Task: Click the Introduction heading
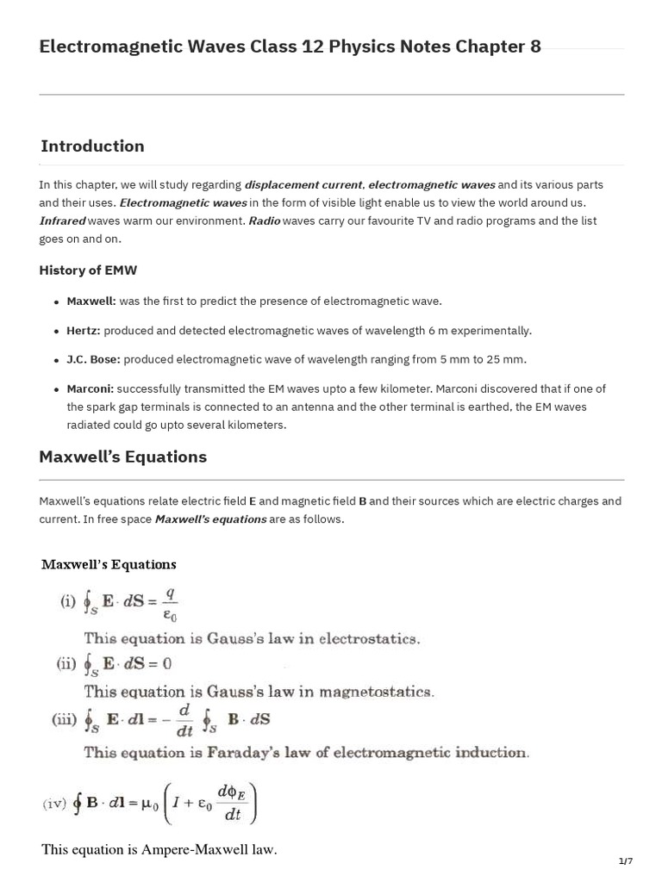coord(91,146)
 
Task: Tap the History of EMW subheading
coord(87,270)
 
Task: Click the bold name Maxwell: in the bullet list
coord(91,301)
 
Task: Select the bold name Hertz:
coord(84,331)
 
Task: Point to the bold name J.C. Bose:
coord(94,359)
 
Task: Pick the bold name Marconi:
coord(91,389)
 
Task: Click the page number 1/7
coord(625,861)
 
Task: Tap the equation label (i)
coord(68,602)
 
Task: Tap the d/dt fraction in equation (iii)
coord(184,718)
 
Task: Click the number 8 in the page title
coord(535,47)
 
